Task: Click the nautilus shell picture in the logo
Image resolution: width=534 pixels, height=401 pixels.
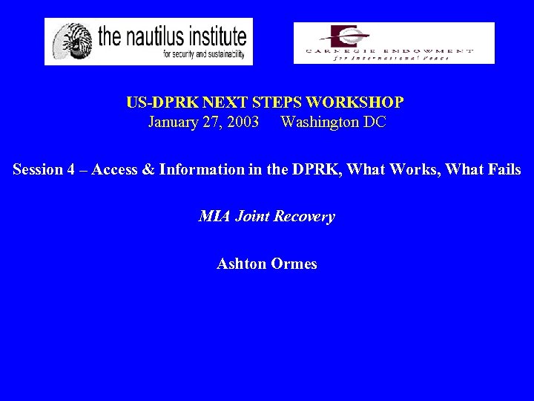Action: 70,42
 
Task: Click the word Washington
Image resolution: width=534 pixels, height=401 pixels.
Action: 320,122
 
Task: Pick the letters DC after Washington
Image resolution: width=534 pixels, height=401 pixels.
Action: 375,122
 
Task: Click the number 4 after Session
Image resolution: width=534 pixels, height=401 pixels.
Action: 71,169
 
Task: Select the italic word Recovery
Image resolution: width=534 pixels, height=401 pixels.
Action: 304,217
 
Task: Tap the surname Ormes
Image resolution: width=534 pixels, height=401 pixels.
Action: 294,264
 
